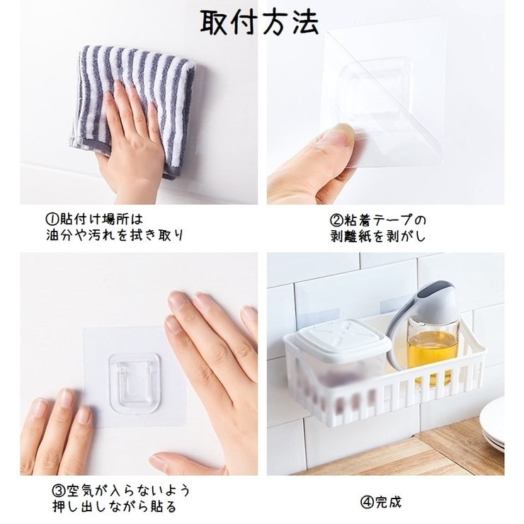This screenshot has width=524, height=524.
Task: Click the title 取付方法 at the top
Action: pos(259,22)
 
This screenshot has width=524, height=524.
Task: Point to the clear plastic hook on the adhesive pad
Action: pos(134,382)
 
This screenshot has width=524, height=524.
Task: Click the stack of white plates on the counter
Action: pos(492,423)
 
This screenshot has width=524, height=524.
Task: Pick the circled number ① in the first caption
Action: pos(52,220)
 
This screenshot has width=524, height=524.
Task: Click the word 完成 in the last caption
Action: pos(388,502)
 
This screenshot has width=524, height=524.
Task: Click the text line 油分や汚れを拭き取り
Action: pos(115,235)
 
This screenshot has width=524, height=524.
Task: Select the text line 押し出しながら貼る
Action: pos(114,506)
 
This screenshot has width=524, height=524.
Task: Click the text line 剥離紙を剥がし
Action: pos(378,237)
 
